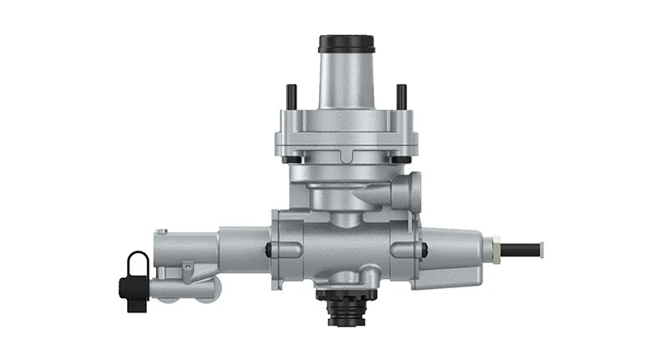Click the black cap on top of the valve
pyautogui.click(x=346, y=43)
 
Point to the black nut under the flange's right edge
pyautogui.click(x=402, y=159)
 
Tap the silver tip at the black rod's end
pyautogui.click(x=541, y=248)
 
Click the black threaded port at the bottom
pyautogui.click(x=344, y=309)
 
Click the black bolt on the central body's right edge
pyautogui.click(x=424, y=248)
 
